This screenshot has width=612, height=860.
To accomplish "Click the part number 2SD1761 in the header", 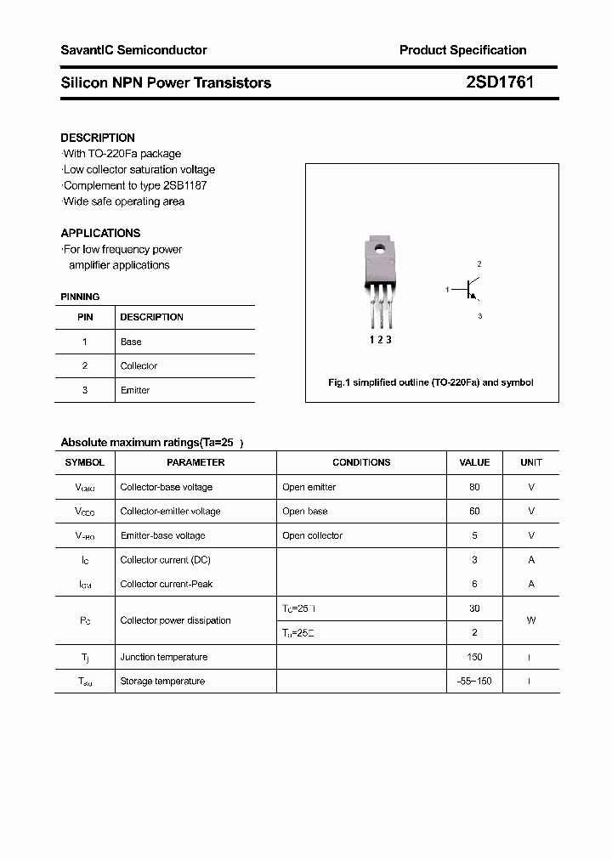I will [500, 82].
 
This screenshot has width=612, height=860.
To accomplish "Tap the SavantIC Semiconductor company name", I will [133, 50].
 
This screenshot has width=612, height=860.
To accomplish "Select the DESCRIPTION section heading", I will [98, 138].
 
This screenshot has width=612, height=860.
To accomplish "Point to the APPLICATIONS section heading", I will [100, 233].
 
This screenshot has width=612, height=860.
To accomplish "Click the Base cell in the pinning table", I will [131, 342].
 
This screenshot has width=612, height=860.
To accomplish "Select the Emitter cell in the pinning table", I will [134, 390].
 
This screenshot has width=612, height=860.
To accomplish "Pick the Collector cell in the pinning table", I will [139, 366].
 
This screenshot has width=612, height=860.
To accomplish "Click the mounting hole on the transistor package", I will [378, 249].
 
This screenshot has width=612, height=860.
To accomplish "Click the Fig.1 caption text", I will [431, 382].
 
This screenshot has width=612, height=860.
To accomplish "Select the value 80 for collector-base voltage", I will [474, 487].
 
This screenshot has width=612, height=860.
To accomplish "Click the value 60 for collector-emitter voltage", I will [474, 512].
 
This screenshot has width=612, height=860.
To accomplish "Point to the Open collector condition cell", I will [312, 535].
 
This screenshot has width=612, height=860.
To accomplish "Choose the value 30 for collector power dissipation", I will [474, 608].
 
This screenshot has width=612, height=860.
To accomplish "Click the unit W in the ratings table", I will [531, 620].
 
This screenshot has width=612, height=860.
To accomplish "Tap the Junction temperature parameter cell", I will [163, 657].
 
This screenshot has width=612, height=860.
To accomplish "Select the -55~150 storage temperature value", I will [474, 682].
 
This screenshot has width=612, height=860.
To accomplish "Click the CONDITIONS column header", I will [361, 462].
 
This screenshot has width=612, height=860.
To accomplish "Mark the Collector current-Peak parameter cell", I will [167, 584].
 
